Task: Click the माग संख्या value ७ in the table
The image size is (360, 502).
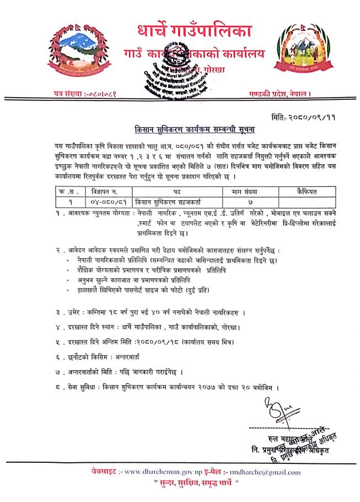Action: point(250,202)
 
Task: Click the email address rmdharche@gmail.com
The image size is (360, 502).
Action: point(267,472)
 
